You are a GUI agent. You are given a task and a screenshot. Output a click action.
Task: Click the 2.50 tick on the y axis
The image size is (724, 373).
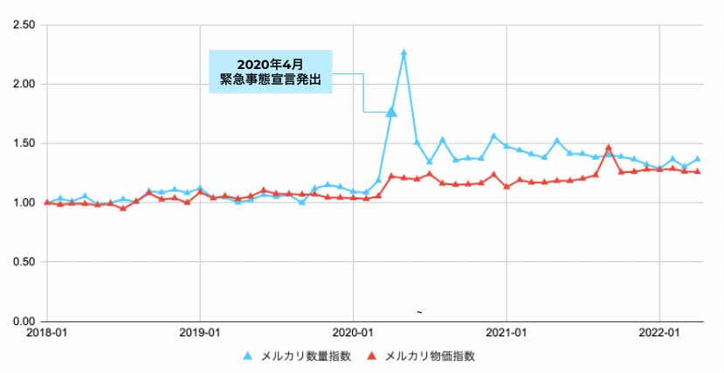20,25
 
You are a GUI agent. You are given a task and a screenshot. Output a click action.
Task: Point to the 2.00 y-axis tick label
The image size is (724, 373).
20,85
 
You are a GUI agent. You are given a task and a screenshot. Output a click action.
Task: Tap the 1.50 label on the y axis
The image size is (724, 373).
20,143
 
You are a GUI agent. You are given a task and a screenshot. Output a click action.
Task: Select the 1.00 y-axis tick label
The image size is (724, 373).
20,203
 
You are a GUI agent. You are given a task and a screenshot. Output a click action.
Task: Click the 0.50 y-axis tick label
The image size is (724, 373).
20,262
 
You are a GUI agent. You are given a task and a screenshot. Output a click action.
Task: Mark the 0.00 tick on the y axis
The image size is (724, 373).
20,321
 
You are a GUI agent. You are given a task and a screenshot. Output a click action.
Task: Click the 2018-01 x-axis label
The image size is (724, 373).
47,334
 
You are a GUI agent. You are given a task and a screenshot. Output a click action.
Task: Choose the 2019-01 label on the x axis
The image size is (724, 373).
200,334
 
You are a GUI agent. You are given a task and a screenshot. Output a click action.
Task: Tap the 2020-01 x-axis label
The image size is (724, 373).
353,334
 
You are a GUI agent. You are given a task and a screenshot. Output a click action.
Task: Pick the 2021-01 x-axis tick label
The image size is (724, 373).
507,334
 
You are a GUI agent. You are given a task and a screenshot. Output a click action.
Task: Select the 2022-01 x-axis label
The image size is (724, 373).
659,334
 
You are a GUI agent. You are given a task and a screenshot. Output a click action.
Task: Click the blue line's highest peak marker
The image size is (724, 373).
403,53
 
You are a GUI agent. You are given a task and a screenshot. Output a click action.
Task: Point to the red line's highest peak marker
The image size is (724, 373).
609,149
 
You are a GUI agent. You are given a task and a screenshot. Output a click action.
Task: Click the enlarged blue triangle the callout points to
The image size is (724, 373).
391,111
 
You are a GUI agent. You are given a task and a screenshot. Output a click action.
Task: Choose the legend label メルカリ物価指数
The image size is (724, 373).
430,356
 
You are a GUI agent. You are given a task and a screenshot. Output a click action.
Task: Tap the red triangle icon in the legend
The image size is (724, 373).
373,356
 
